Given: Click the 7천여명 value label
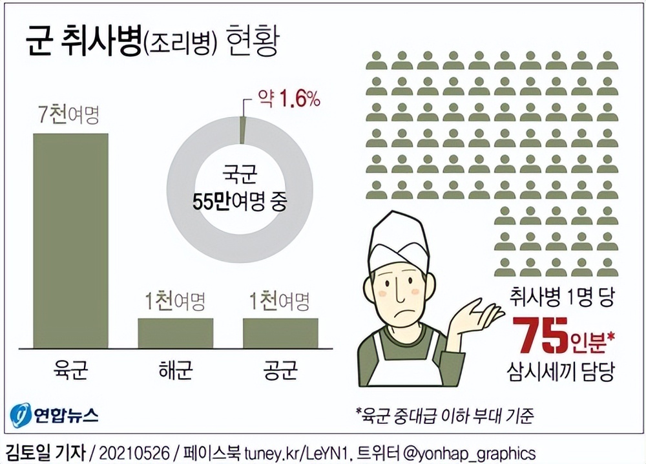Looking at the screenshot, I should (x=70, y=116).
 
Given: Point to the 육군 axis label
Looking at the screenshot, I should (x=70, y=372).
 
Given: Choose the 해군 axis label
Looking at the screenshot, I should (x=175, y=372).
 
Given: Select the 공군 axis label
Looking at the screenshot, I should (x=280, y=372).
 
